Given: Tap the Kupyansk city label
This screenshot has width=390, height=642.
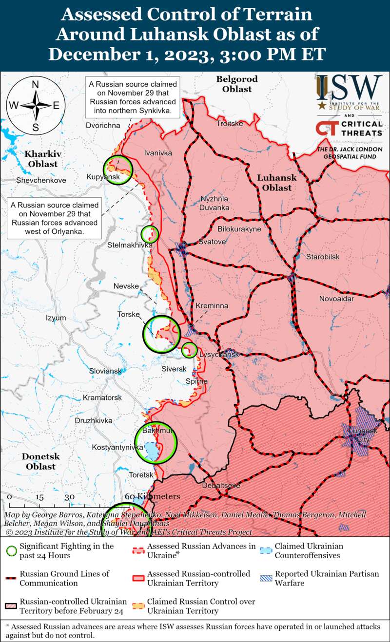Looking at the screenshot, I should point(103,177).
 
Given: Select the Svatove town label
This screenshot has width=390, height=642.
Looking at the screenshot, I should point(212,242).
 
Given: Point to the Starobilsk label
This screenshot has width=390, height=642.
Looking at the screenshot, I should point(323,257).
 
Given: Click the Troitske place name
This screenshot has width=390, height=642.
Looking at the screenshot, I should point(230,124).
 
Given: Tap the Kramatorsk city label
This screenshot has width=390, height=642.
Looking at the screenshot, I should point(102,398).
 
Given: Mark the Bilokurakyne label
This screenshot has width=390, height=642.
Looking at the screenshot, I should point(239,228).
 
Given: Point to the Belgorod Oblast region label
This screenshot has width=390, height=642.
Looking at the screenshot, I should point(237,84).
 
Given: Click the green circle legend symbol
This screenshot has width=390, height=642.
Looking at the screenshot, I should point(11,551).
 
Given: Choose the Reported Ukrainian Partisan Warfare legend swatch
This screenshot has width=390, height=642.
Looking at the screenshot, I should point(266,578).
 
